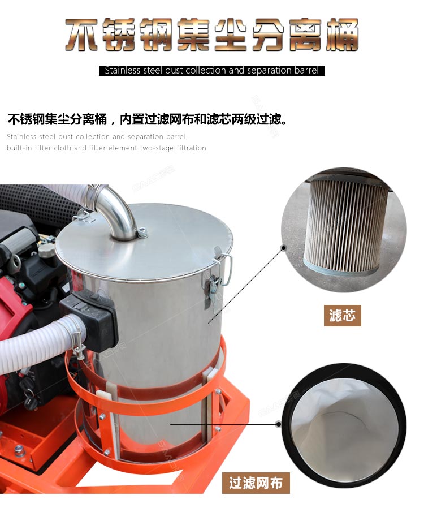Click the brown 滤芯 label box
(342, 315)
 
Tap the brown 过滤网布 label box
(256, 483)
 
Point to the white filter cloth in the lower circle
(343, 428)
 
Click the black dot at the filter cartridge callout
(284, 248)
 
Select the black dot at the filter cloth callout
(278, 424)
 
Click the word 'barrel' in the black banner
(306, 70)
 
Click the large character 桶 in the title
(341, 35)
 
